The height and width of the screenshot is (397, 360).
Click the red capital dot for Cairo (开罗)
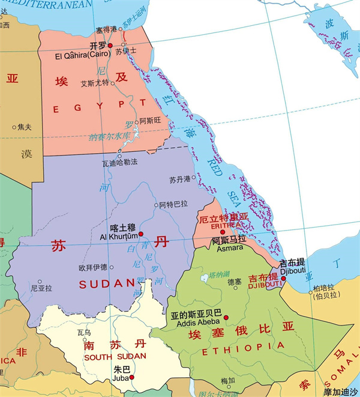pyautogui.click(x=110, y=45)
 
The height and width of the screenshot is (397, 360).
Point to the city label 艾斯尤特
pyautogui.click(x=94, y=83)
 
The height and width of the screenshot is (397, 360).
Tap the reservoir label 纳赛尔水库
pyautogui.click(x=109, y=136)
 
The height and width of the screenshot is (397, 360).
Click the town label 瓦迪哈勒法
pyautogui.click(x=120, y=162)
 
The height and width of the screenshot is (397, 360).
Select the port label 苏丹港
pyautogui.click(x=180, y=179)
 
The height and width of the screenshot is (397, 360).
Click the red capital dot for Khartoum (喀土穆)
pyautogui.click(x=141, y=234)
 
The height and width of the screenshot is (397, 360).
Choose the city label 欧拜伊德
pyautogui.click(x=92, y=267)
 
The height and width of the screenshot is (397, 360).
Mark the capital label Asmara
pyautogui.click(x=227, y=247)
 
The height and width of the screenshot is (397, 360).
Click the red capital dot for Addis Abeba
pyautogui.click(x=226, y=317)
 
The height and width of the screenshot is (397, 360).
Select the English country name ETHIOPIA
pyautogui.click(x=243, y=348)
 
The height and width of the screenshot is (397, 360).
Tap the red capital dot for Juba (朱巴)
pyautogui.click(x=131, y=377)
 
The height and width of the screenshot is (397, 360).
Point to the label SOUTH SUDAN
pyautogui.click(x=113, y=357)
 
